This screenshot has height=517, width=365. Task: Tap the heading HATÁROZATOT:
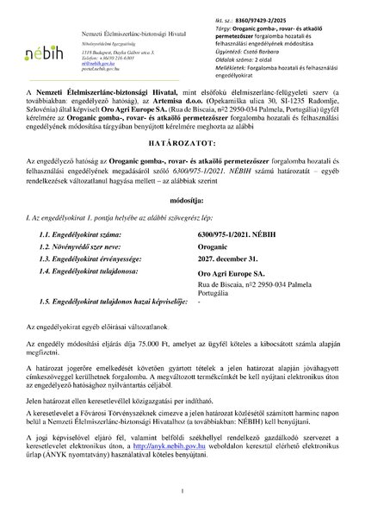click(182, 184)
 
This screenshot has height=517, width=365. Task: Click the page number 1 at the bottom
click(182, 493)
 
